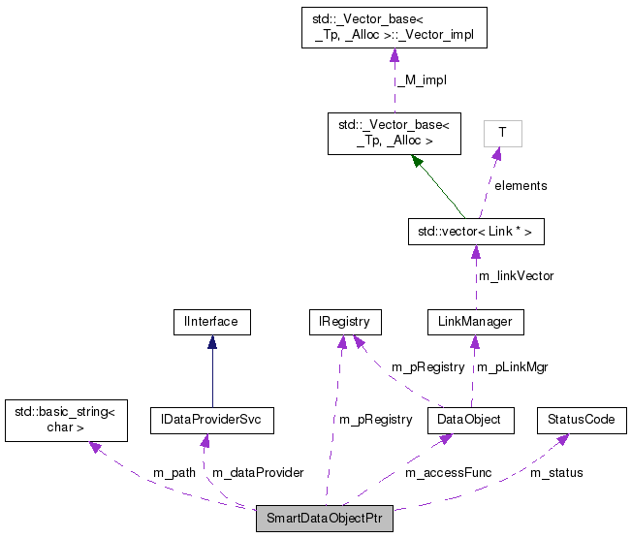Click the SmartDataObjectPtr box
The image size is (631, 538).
(324, 520)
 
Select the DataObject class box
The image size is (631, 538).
(470, 420)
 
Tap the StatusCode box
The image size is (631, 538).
(581, 420)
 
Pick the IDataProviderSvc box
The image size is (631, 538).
(212, 420)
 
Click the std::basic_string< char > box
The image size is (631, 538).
(65, 420)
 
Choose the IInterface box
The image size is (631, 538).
(211, 322)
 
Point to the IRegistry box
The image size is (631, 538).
(343, 322)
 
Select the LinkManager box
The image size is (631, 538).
(475, 322)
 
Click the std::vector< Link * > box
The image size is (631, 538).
(475, 233)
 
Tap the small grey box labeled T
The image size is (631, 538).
(502, 133)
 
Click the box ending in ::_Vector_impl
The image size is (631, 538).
(394, 28)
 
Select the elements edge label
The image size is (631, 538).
(521, 185)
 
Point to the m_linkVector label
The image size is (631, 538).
(516, 276)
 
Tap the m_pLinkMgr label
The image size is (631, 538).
(512, 367)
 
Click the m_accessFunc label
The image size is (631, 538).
(448, 472)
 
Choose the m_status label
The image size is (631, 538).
(556, 472)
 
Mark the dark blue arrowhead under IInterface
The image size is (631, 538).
(211, 343)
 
